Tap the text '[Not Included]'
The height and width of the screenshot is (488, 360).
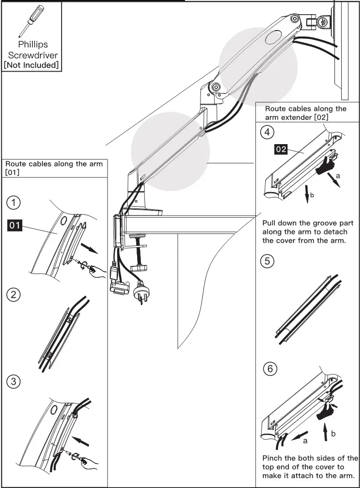pyautogui.click(x=32, y=65)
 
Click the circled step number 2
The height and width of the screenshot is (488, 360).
pyautogui.click(x=14, y=294)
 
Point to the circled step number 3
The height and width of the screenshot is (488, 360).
pyautogui.click(x=14, y=381)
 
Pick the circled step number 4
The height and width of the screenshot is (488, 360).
pyautogui.click(x=267, y=132)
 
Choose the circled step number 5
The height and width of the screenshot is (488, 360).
pyautogui.click(x=267, y=261)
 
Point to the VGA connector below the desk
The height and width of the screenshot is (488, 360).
pyautogui.click(x=119, y=288)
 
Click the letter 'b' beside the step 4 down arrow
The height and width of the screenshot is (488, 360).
pyautogui.click(x=312, y=196)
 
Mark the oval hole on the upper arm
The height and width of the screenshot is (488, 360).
pyautogui.click(x=273, y=36)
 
